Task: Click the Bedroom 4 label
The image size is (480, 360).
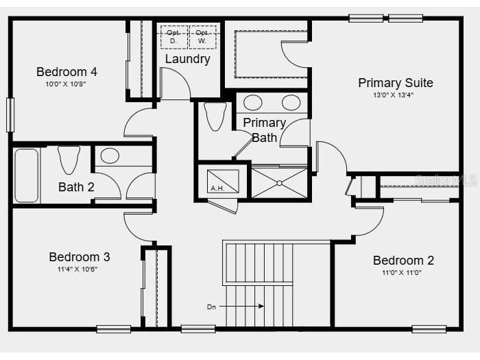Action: pyautogui.click(x=67, y=71)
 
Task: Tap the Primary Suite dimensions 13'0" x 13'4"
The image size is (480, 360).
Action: pyautogui.click(x=396, y=95)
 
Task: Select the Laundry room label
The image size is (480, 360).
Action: pyautogui.click(x=187, y=59)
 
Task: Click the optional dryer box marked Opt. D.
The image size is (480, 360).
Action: pyautogui.click(x=173, y=36)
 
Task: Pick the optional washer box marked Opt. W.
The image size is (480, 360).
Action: pyautogui.click(x=202, y=36)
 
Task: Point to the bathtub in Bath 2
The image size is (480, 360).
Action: pyautogui.click(x=27, y=176)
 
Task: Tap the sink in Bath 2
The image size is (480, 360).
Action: pyautogui.click(x=110, y=156)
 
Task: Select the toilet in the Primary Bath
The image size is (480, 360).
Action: pyautogui.click(x=215, y=116)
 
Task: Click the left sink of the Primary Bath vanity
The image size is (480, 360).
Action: pyautogui.click(x=253, y=103)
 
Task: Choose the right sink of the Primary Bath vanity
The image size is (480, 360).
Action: pyautogui.click(x=291, y=103)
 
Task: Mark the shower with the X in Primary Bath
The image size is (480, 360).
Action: pyautogui.click(x=279, y=182)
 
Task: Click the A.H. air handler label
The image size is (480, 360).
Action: pyautogui.click(x=217, y=188)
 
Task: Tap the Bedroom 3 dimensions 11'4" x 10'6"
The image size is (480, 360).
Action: pyautogui.click(x=79, y=269)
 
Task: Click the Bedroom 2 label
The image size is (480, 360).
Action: pyautogui.click(x=403, y=261)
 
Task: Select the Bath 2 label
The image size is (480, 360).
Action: pyautogui.click(x=76, y=187)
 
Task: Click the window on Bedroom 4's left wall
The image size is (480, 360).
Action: pyautogui.click(x=10, y=115)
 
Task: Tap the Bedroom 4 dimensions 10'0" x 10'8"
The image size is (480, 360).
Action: pyautogui.click(x=67, y=84)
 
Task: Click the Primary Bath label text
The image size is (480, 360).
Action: pyautogui.click(x=265, y=130)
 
